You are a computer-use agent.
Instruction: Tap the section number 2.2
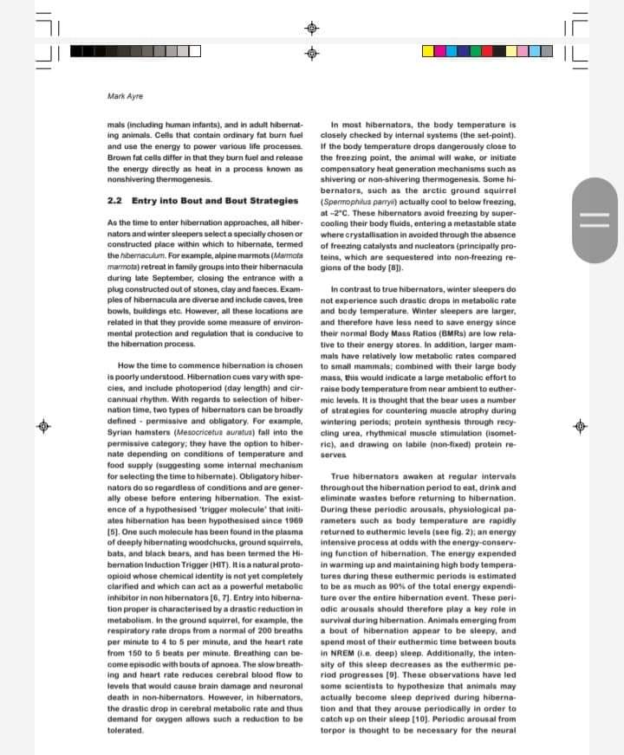coord(114,201)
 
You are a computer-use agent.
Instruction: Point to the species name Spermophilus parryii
coord(363,191)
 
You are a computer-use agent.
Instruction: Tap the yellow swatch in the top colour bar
coord(430,51)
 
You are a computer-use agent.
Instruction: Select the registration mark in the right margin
coord(581,426)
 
